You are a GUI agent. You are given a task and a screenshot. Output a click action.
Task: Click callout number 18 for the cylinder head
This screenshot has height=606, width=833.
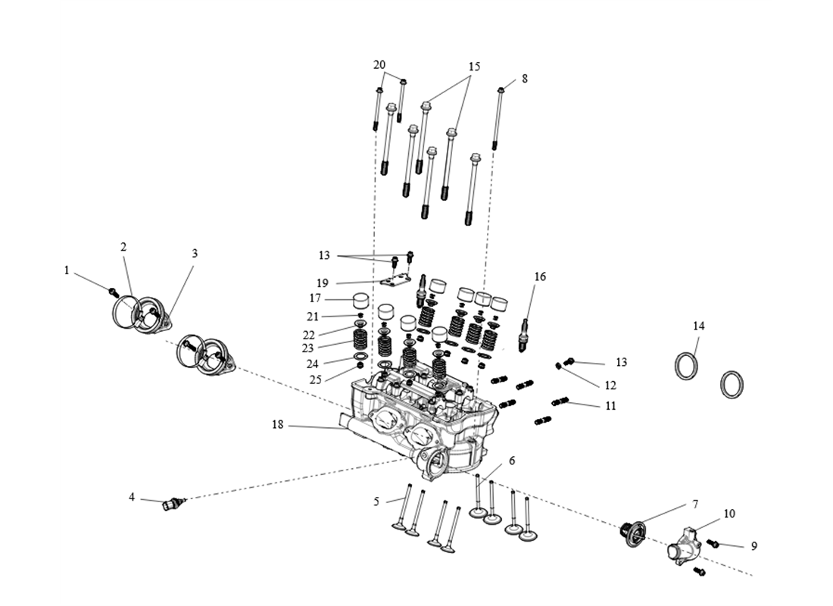point(278,425)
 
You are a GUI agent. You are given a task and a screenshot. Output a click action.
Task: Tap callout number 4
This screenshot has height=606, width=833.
point(132,497)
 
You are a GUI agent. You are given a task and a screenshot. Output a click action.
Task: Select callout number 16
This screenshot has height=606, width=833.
point(540,276)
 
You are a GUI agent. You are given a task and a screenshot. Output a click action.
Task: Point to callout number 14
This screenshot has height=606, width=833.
point(698,326)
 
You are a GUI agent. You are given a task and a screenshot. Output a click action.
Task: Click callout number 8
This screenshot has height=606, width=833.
point(525,79)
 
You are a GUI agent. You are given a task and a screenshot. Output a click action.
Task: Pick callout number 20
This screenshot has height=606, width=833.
point(379,64)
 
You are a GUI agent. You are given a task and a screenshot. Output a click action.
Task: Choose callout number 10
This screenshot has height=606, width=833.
point(729,514)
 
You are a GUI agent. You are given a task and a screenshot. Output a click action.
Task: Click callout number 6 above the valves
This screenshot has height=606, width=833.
point(512,461)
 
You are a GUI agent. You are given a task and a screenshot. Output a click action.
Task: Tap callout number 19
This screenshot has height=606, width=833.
point(323,283)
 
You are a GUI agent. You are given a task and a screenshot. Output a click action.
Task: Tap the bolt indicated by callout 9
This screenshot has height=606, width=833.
point(713,542)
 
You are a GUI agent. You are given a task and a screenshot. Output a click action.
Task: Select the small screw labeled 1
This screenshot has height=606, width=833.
point(113,291)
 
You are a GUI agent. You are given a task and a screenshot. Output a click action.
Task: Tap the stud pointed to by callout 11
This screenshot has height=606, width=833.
point(561,401)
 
